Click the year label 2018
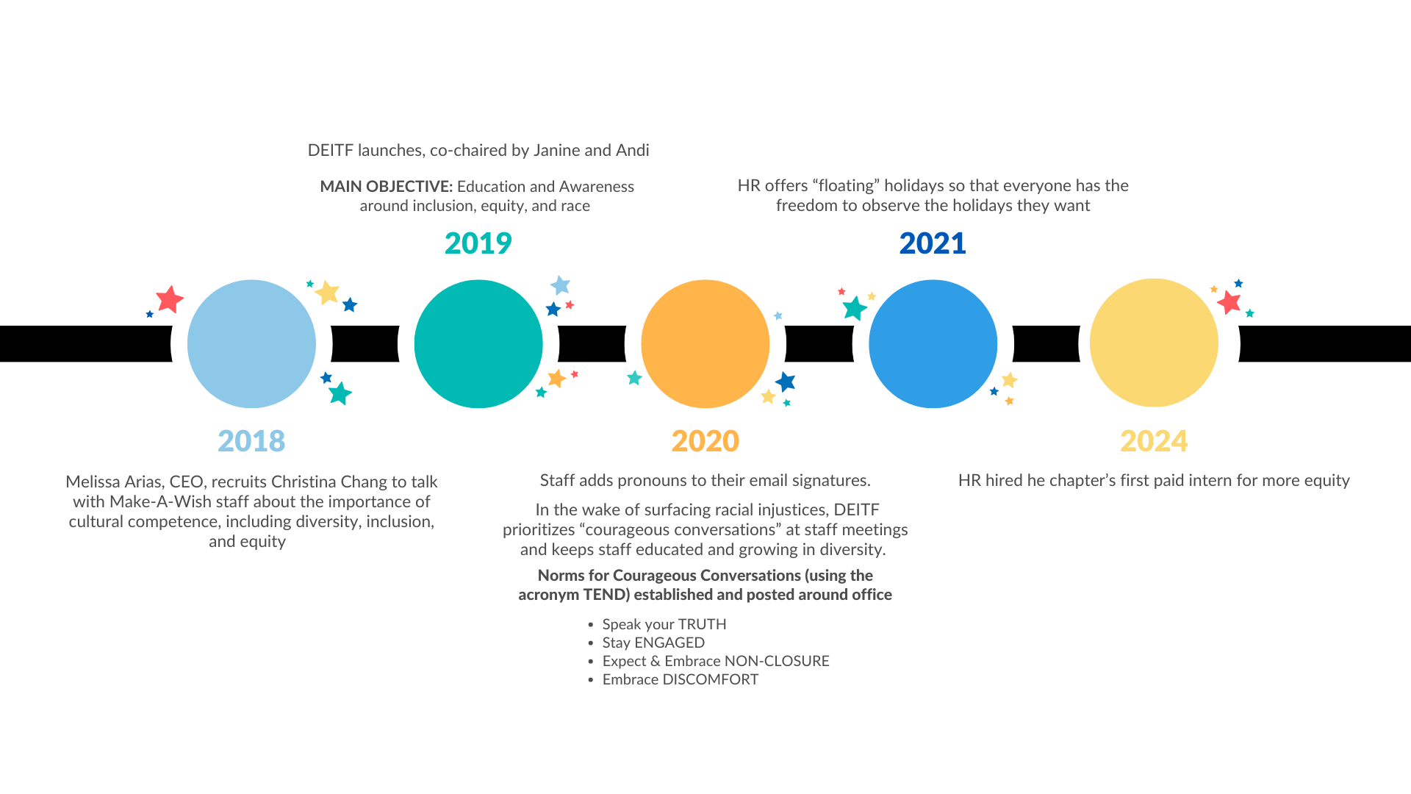pyautogui.click(x=251, y=441)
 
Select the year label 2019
pyautogui.click(x=478, y=243)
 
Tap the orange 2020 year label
pyautogui.click(x=705, y=441)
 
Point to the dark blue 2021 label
pyautogui.click(x=933, y=243)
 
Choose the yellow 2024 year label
pyautogui.click(x=1154, y=441)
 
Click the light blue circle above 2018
pyautogui.click(x=251, y=344)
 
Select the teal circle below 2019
pyautogui.click(x=478, y=344)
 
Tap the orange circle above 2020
pyautogui.click(x=705, y=344)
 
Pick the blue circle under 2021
pyautogui.click(x=933, y=344)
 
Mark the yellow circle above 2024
pyautogui.click(x=1154, y=343)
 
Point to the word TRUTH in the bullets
pyautogui.click(x=702, y=624)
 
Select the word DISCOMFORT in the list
pyautogui.click(x=711, y=679)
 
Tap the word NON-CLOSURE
pyautogui.click(x=777, y=661)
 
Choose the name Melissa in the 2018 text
pyautogui.click(x=93, y=482)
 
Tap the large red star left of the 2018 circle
pyautogui.click(x=170, y=299)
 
